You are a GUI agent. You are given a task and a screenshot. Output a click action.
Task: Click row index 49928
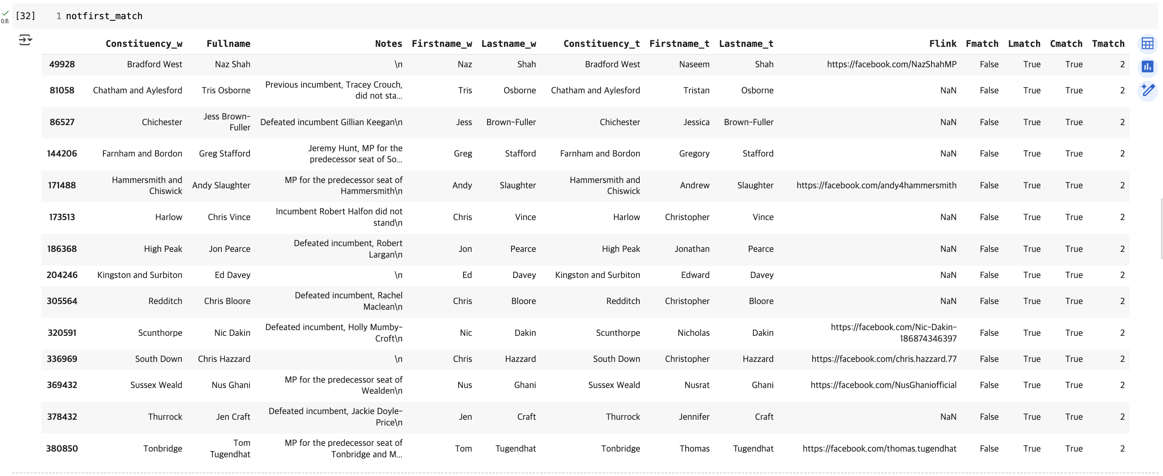coord(62,64)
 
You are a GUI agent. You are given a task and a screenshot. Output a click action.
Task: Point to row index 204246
coord(62,275)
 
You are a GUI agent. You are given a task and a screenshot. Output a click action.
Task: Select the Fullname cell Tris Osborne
coord(226,90)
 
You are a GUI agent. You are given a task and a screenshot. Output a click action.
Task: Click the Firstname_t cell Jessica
coord(696,122)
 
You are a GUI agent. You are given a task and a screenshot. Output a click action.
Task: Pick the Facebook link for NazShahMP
coord(891,64)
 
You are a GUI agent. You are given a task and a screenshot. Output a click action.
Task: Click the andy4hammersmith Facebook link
coord(876,185)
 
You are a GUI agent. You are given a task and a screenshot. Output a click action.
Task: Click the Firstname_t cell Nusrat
coord(697,385)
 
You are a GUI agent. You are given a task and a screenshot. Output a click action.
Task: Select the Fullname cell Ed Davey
coord(232,275)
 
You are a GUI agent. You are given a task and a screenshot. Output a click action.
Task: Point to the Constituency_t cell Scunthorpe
coord(618,333)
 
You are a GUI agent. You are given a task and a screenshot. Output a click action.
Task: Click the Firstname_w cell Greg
coord(463,154)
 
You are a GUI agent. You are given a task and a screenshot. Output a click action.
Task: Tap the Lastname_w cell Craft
coord(526,417)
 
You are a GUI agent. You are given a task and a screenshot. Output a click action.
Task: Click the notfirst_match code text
coord(104,16)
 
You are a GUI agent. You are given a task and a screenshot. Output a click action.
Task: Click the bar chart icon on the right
coord(1147,67)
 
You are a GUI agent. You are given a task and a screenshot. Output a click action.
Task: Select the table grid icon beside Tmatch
coord(1147,44)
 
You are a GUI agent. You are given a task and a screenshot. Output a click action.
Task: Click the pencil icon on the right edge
coord(1147,90)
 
